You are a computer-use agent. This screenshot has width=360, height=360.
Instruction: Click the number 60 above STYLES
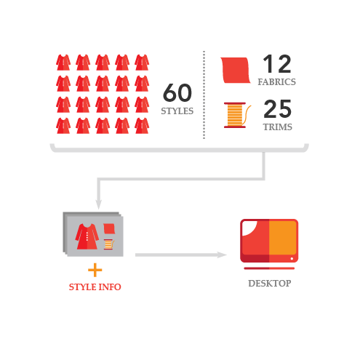pos(177,92)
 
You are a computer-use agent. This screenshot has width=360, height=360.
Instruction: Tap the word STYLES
pos(177,111)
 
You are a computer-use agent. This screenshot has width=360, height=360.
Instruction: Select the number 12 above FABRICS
pos(277,64)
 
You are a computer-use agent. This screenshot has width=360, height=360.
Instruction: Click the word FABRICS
pos(276,82)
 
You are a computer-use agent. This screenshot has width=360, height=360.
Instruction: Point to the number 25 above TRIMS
pos(278,109)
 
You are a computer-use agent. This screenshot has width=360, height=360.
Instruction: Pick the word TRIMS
pos(278,127)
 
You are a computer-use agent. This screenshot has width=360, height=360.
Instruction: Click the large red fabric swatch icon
pos(235,71)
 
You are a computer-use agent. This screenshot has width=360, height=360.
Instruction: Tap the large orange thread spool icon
pos(237,115)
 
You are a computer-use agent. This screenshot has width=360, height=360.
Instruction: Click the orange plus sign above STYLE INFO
pos(95,270)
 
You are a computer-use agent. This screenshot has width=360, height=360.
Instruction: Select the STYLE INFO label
pos(95,287)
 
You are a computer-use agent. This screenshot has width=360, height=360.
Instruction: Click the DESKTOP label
pos(270,283)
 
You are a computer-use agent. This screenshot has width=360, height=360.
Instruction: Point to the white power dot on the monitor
pos(292,259)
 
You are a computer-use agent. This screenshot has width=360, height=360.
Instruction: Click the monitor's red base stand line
pos(269,268)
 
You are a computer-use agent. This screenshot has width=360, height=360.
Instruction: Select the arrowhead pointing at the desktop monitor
pos(222,255)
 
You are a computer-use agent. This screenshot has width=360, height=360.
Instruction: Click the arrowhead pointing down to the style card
pos(98,204)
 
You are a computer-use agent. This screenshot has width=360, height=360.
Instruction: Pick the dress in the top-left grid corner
pos(63,63)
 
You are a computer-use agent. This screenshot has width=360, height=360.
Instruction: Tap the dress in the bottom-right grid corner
pos(142,126)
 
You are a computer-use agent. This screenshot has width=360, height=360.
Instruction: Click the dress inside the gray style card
pos(87,236)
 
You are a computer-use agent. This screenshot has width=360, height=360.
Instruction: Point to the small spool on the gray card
pos(109,244)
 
